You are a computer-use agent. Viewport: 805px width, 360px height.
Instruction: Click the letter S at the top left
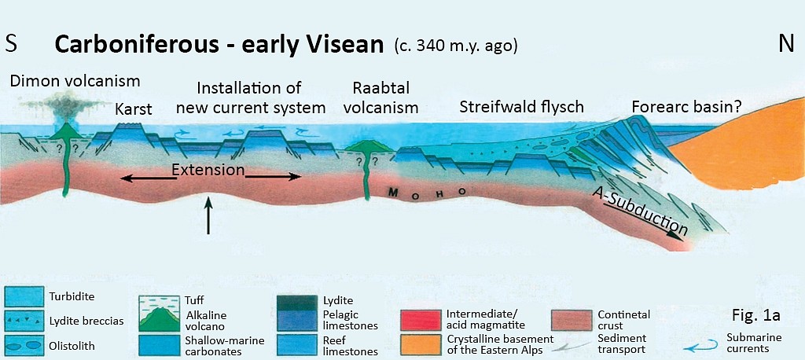[x=11, y=44]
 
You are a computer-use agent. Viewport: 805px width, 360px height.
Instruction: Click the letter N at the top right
[x=786, y=44]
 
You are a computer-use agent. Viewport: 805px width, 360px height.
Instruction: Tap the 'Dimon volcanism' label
[x=75, y=81]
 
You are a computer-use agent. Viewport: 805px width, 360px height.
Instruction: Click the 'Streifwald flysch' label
[x=522, y=107]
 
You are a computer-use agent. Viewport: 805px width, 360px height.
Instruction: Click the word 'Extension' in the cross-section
[x=208, y=170]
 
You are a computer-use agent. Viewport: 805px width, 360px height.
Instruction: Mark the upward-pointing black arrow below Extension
[x=208, y=215]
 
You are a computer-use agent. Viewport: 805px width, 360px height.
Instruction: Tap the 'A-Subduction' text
[x=638, y=210]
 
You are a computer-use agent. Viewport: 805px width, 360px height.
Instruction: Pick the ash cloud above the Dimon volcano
[x=62, y=106]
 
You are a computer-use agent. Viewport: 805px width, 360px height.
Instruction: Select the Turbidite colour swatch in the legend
[x=24, y=296]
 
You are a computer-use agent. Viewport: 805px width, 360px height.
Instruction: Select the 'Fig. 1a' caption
[x=755, y=315]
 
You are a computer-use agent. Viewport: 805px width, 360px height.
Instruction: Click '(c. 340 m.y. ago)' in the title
[x=455, y=46]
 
